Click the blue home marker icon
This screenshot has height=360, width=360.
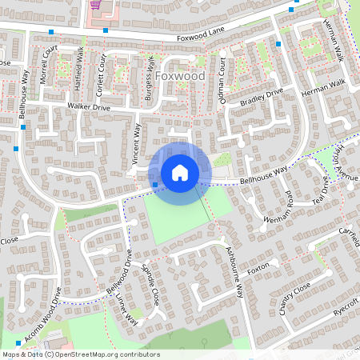coord(180,172)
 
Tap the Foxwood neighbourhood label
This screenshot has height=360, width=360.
coord(180,76)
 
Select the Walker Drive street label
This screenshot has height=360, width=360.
coord(89,106)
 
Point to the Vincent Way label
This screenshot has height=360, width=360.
coord(136,144)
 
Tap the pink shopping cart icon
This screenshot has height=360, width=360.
coord(96,4)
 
